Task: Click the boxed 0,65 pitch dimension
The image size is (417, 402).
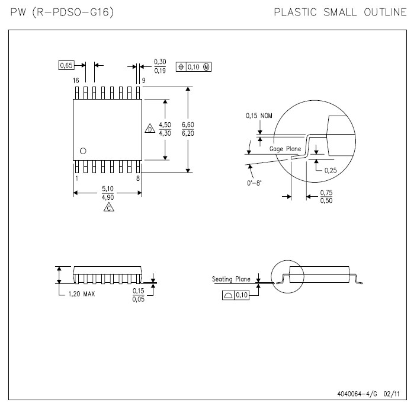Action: pyautogui.click(x=66, y=65)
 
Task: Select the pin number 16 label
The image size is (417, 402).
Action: pyautogui.click(x=76, y=81)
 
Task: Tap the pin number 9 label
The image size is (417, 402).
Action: pyautogui.click(x=143, y=81)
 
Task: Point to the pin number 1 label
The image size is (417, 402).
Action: pyautogui.click(x=77, y=178)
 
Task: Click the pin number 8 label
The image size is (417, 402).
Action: pyautogui.click(x=138, y=178)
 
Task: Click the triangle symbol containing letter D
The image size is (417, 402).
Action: pyautogui.click(x=150, y=128)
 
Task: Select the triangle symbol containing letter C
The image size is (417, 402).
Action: pyautogui.click(x=109, y=207)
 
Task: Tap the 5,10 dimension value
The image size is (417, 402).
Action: pyautogui.click(x=108, y=189)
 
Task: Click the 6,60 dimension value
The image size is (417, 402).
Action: pyautogui.click(x=188, y=125)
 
